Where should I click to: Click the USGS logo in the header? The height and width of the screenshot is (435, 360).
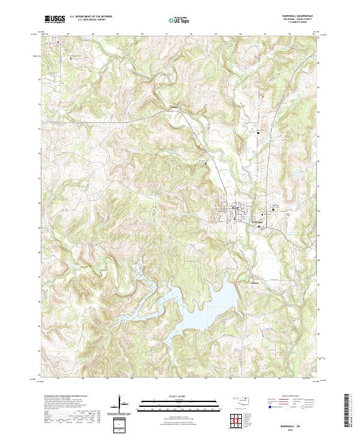pos(55,19)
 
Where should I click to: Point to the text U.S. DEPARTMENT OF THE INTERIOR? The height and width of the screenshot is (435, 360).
pos(91,16)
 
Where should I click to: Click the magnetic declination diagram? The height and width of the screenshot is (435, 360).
pos(121,405)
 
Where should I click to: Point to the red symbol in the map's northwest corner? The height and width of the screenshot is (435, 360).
pos(58,42)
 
